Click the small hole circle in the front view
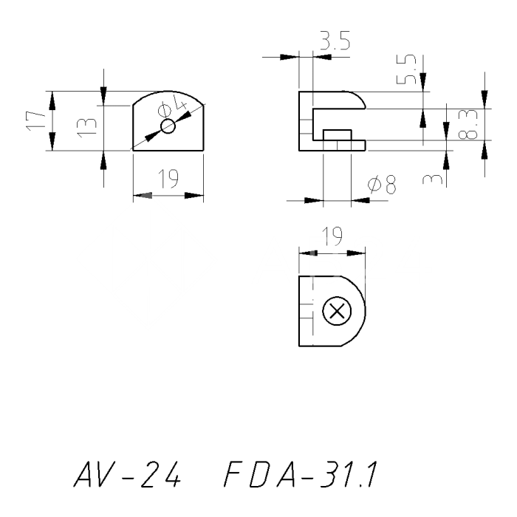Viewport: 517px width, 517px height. coord(168,126)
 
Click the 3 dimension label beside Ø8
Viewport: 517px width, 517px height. coord(435,178)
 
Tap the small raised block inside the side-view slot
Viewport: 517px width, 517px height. coord(337,134)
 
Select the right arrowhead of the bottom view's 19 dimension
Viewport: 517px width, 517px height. coord(358,253)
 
